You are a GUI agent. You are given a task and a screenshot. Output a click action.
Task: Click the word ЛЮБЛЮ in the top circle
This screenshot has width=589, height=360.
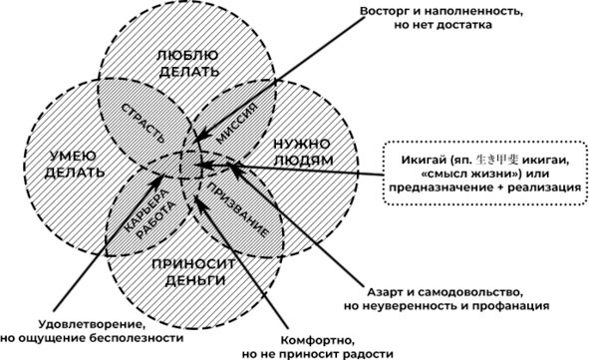click(187, 55)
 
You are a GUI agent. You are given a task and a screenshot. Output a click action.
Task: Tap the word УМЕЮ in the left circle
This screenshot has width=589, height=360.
click(68, 156)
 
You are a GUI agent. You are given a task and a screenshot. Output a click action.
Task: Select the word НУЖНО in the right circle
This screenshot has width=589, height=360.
click(302, 144)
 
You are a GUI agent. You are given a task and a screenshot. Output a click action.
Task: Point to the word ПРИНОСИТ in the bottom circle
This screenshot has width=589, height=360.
click(193, 264)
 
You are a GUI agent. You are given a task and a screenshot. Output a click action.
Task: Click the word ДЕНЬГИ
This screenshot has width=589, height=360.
click(195, 280)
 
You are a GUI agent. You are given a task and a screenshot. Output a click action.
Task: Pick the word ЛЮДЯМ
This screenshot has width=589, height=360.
click(303, 161)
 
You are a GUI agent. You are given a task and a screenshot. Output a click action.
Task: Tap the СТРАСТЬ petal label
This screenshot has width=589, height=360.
click(144, 123)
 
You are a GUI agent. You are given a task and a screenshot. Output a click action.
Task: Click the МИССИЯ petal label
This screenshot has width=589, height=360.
click(237, 124)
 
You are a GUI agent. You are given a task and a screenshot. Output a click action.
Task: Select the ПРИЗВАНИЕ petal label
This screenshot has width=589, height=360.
click(238, 210)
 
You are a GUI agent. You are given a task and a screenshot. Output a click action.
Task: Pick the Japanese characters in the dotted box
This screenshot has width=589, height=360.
click(496, 160)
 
